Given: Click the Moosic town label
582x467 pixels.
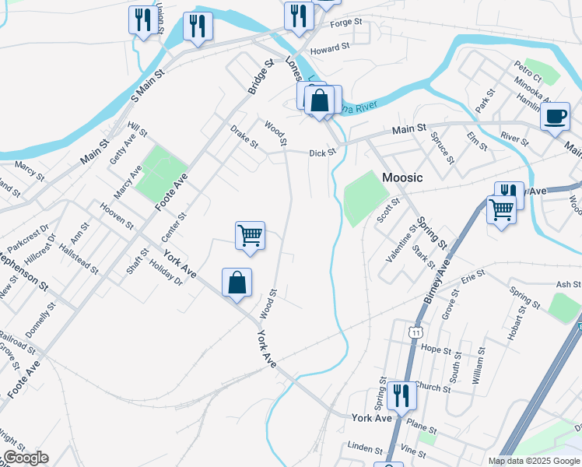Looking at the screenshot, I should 402,177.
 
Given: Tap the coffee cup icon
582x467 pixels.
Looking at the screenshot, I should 555,118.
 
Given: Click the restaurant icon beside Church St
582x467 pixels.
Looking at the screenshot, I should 401,395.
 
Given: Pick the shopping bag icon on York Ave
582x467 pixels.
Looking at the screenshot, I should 237,284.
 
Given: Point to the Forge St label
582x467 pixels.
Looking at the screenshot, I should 347,23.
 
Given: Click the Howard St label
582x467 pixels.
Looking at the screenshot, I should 331,49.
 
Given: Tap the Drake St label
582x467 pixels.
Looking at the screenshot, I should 244,137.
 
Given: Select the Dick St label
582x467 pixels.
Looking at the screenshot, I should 321,153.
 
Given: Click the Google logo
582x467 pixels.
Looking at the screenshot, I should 25,458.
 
